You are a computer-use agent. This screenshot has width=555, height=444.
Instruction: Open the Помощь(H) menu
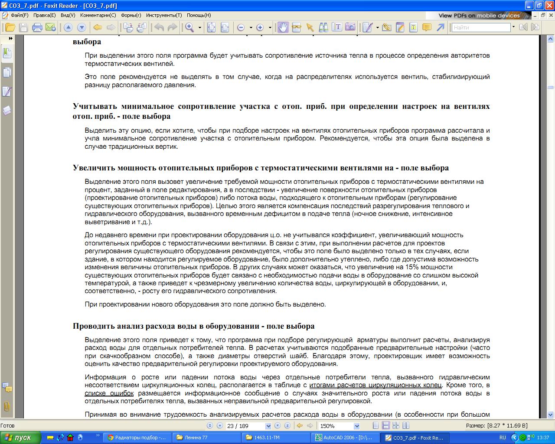pyautogui.click(x=199, y=15)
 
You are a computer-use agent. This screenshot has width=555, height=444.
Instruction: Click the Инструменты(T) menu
pyautogui.click(x=164, y=15)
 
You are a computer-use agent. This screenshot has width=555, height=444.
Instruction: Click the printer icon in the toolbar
pyautogui.click(x=37, y=27)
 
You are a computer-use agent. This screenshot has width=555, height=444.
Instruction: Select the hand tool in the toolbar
pyautogui.click(x=283, y=27)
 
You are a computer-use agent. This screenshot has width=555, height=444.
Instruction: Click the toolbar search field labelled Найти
pyautogui.click(x=481, y=27)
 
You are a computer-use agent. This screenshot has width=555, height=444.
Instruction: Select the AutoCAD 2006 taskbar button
pyautogui.click(x=346, y=437)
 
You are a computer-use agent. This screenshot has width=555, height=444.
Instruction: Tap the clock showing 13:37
pyautogui.click(x=543, y=437)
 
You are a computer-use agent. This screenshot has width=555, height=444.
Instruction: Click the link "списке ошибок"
pyautogui.click(x=109, y=393)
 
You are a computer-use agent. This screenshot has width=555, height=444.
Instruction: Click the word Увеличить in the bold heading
pyautogui.click(x=92, y=168)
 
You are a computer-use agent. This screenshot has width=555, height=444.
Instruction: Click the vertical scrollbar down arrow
pyautogui.click(x=551, y=415)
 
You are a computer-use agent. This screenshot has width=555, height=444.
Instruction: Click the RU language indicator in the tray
pyautogui.click(x=503, y=437)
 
